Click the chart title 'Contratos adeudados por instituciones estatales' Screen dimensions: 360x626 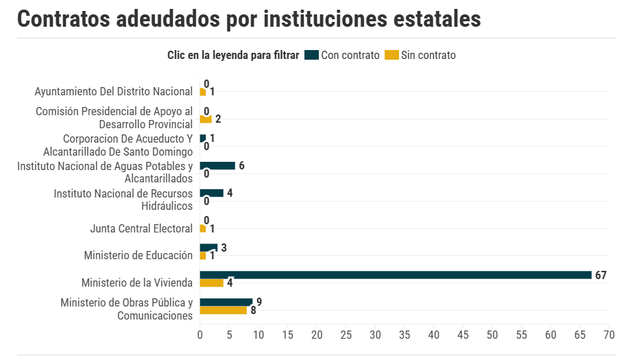point(249,19)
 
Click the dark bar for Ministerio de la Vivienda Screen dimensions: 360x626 point(396,275)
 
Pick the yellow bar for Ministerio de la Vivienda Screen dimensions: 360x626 point(212,283)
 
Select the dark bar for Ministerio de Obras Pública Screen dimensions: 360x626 point(226,302)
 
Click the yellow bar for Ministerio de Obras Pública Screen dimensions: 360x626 point(224,311)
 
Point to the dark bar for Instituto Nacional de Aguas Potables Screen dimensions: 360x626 point(217,165)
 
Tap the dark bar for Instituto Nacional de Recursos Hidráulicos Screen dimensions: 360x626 point(212,193)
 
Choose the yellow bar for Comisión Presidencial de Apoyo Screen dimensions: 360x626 point(206,119)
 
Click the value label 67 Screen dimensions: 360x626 point(601,275)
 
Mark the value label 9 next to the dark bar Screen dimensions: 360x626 point(259,302)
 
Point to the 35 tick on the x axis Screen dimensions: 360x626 point(405,335)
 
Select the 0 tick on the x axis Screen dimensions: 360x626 point(200,335)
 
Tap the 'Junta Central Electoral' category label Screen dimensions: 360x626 point(141,228)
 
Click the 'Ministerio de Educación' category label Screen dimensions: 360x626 point(139,255)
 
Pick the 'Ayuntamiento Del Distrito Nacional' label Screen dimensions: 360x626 point(114,91)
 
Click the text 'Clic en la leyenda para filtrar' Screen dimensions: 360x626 point(233,56)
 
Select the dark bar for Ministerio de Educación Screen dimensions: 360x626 point(208,248)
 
